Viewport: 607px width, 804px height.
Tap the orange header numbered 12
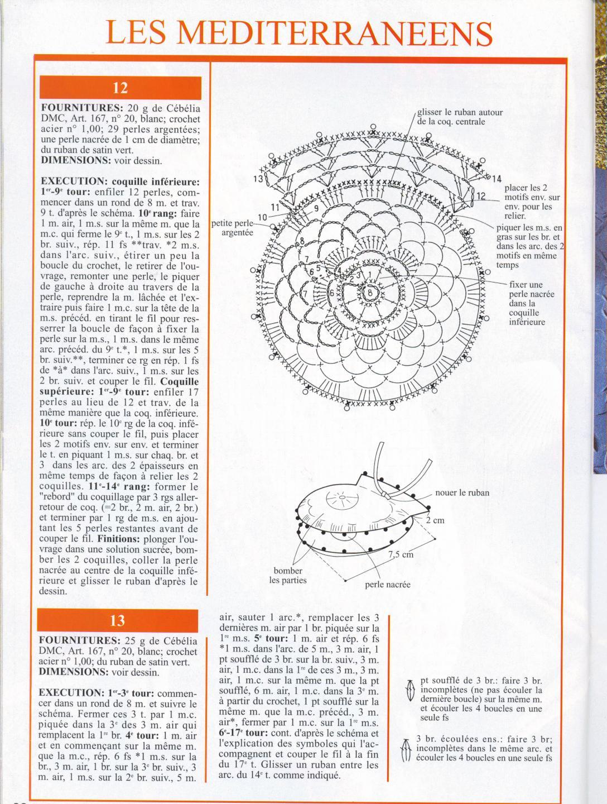[120, 88]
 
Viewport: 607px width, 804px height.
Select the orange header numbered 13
[118, 620]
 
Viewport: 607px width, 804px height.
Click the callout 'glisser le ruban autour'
[460, 112]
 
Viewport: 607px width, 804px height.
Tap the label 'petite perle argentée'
[234, 228]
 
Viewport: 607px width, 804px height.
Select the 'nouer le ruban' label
[461, 492]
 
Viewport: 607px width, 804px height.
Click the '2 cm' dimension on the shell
[435, 520]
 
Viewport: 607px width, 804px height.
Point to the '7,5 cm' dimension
[401, 554]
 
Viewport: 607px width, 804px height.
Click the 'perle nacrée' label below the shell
[388, 585]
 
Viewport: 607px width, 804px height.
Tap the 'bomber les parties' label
[287, 576]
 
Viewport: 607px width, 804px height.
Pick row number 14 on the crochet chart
[497, 178]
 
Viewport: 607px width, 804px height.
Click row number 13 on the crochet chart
[258, 179]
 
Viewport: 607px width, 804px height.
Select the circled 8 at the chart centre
[369, 293]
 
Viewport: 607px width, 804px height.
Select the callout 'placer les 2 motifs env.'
[532, 202]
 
